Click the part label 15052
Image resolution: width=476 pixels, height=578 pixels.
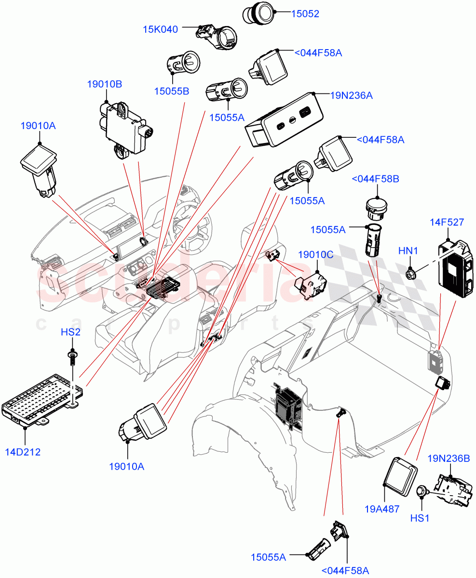pyautogui.click(x=305, y=14)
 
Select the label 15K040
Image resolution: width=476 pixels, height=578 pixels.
pyautogui.click(x=160, y=29)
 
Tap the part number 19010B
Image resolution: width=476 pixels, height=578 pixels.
pyautogui.click(x=104, y=84)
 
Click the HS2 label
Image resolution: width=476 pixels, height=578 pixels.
pyautogui.click(x=70, y=332)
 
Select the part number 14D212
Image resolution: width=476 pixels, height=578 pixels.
pyautogui.click(x=23, y=452)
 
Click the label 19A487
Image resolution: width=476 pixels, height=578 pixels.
pyautogui.click(x=382, y=508)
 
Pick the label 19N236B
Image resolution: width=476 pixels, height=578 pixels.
pyautogui.click(x=449, y=459)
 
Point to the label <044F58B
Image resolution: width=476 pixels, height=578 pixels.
pyautogui.click(x=375, y=179)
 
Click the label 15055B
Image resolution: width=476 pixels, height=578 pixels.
pyautogui.click(x=171, y=91)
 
